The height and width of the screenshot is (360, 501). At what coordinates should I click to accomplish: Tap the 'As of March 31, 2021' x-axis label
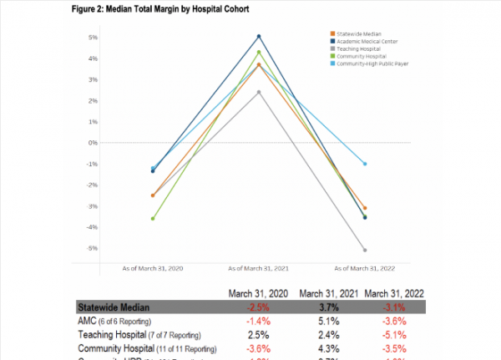[259, 268]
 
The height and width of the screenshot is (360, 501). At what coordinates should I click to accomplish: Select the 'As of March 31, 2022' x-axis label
[364, 268]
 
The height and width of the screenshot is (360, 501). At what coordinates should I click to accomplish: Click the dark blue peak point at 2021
[259, 36]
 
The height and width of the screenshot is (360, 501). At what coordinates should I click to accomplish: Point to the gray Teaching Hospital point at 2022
[364, 250]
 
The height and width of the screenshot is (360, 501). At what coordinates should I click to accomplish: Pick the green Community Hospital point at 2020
[153, 219]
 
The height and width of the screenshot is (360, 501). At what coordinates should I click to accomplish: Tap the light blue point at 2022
[364, 164]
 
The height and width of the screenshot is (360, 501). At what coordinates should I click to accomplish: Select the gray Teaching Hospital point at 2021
[259, 92]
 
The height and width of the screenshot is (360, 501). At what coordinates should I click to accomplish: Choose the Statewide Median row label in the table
[117, 307]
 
